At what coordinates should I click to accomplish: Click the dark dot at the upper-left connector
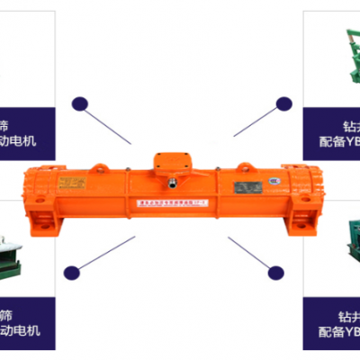pyautogui.click(x=80, y=103)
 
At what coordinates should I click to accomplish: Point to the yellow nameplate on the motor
pyautogui.click(x=70, y=184)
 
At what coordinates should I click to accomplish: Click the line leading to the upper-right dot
pyautogui.click(x=257, y=121)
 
